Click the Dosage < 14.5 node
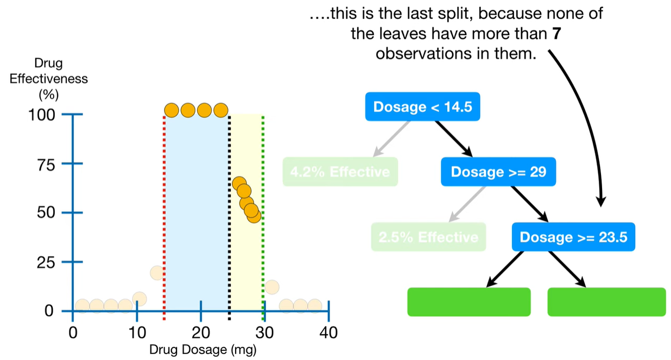[x=422, y=107]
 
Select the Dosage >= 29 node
[x=498, y=172]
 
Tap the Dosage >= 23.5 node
[x=573, y=237]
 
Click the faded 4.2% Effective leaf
[x=340, y=172]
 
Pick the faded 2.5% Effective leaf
[x=428, y=237]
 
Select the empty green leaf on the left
[x=469, y=302]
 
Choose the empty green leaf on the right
[x=606, y=302]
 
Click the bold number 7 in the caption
[x=555, y=34]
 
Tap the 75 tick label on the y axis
[x=46, y=165]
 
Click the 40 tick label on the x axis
[x=328, y=332]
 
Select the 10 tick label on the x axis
[x=136, y=332]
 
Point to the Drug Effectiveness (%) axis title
[x=48, y=79]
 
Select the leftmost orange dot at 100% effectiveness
[x=172, y=110]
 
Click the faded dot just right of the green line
[x=271, y=287]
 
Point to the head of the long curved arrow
[x=601, y=204]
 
